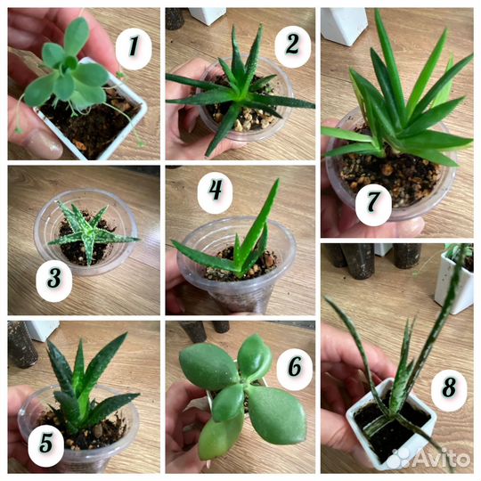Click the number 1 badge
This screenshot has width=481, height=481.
coord(134,48)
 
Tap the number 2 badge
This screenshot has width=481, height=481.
coord(292,46)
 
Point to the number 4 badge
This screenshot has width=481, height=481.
coord(215,193)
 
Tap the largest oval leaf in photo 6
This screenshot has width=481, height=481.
coord(276,414)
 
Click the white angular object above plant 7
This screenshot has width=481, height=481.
coord(344,26)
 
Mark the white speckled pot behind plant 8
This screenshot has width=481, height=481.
coord(454,279)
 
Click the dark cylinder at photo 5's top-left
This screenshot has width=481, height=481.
coord(22,344)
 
